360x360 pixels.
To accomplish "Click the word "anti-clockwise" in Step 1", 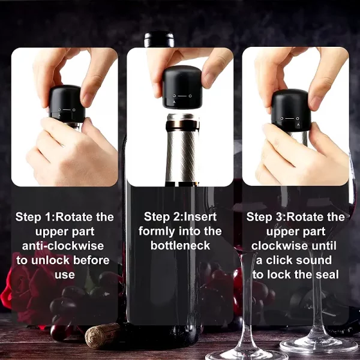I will pos(63,246).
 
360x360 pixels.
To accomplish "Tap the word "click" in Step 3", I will pos(281,260).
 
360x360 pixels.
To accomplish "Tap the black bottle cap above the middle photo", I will pos(160,40).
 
